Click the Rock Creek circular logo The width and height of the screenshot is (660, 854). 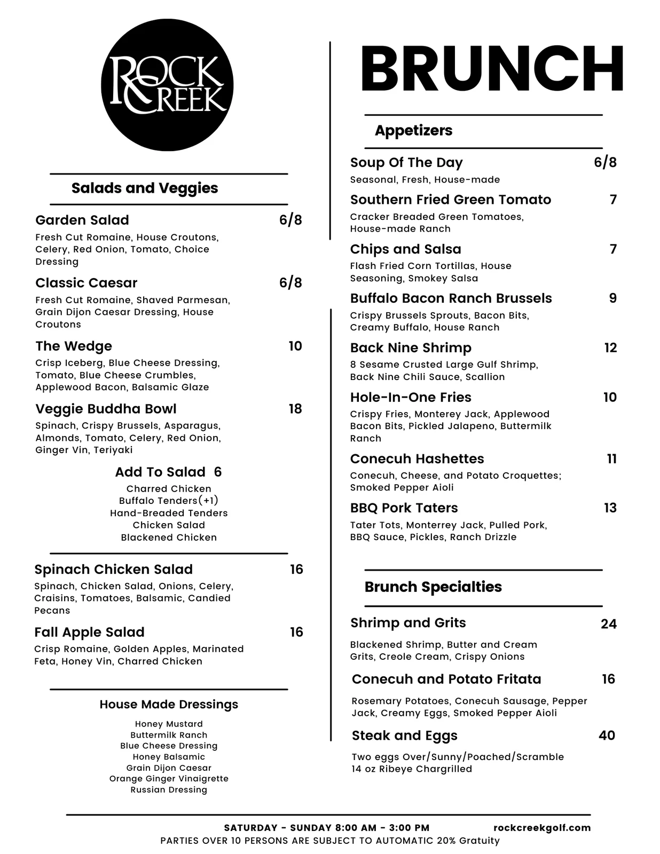167,85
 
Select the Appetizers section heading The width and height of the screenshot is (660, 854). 413,130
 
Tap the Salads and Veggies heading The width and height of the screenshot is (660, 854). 145,188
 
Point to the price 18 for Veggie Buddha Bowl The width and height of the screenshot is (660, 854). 295,409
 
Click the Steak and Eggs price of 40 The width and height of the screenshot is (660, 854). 607,736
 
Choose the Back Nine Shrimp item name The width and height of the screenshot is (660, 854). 411,348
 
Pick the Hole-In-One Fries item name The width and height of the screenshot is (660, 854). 411,397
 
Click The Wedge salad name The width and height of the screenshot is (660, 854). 74,346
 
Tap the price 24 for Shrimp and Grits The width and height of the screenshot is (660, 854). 608,624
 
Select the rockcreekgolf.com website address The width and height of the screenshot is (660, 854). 542,828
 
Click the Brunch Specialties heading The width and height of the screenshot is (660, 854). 433,587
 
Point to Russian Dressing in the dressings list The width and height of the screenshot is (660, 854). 169,789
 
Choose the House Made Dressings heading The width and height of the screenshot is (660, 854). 169,705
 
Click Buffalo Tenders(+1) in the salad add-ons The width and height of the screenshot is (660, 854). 169,501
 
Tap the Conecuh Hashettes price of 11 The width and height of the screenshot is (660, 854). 611,459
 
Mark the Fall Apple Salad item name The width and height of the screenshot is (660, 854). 89,632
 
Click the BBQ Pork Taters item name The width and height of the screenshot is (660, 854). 404,508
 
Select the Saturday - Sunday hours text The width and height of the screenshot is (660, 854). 326,828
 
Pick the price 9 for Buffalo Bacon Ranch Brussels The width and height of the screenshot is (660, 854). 612,298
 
